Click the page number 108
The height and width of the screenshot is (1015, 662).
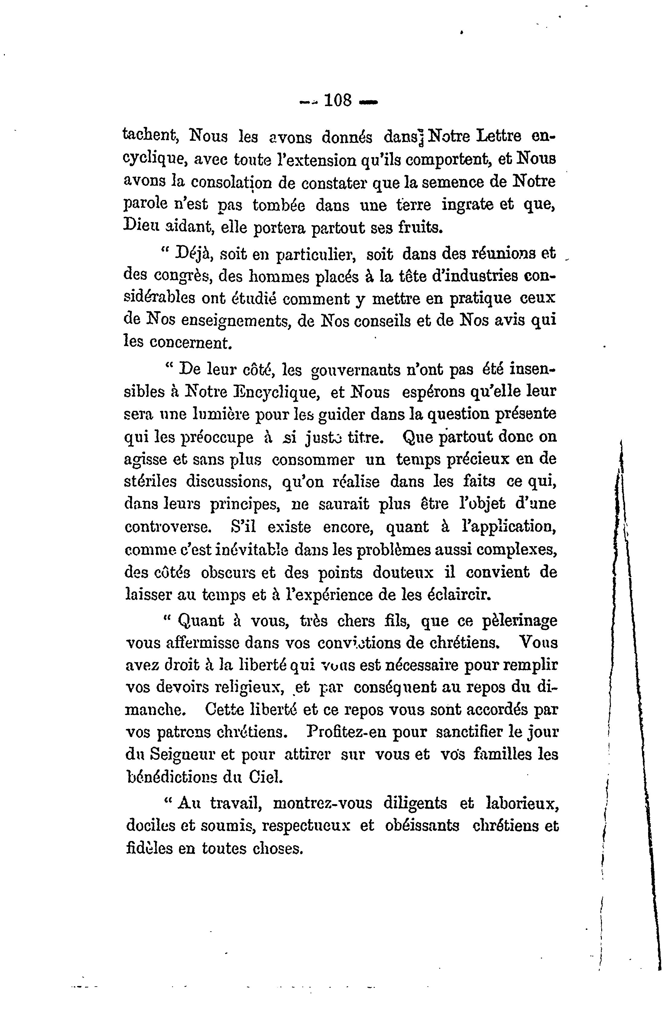[338, 101]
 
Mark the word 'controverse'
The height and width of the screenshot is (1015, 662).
[168, 527]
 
